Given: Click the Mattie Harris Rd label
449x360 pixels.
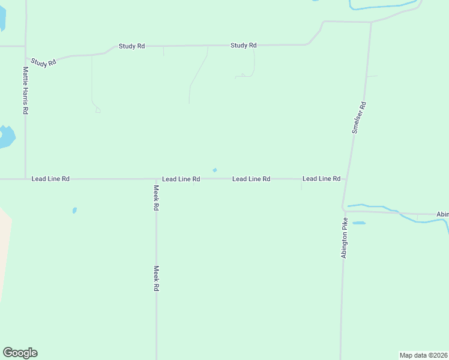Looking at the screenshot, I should tap(25, 91).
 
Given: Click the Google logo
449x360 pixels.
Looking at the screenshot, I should tap(20, 353).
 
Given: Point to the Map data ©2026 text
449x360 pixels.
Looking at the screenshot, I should tap(424, 355).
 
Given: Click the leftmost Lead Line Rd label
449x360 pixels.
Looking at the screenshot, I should tap(50, 179).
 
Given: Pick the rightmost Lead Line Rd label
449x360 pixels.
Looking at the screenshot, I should tap(321, 179).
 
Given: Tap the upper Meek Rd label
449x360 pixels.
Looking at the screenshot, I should tap(155, 197).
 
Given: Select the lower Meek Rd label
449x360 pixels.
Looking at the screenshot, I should tap(156, 278).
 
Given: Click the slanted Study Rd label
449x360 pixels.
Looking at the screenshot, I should tap(43, 61).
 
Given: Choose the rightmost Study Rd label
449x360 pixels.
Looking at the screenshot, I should tap(244, 46).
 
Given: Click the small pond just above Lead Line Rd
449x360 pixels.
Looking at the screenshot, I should tap(214, 170).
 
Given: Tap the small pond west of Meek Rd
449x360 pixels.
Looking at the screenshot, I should tap(74, 211).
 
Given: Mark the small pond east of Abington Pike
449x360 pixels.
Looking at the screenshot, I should tap(359, 223).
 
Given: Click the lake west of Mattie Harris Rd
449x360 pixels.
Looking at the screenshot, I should tap(5, 137).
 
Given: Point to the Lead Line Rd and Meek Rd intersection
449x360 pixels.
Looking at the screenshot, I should tap(156, 179).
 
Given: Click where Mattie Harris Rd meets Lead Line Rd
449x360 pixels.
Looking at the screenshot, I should tap(25, 179).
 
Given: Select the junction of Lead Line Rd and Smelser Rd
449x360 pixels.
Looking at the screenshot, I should tap(346, 179).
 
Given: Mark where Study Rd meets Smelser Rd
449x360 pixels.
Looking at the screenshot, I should tap(371, 23).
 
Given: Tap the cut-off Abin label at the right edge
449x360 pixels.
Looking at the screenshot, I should tap(442, 214).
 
